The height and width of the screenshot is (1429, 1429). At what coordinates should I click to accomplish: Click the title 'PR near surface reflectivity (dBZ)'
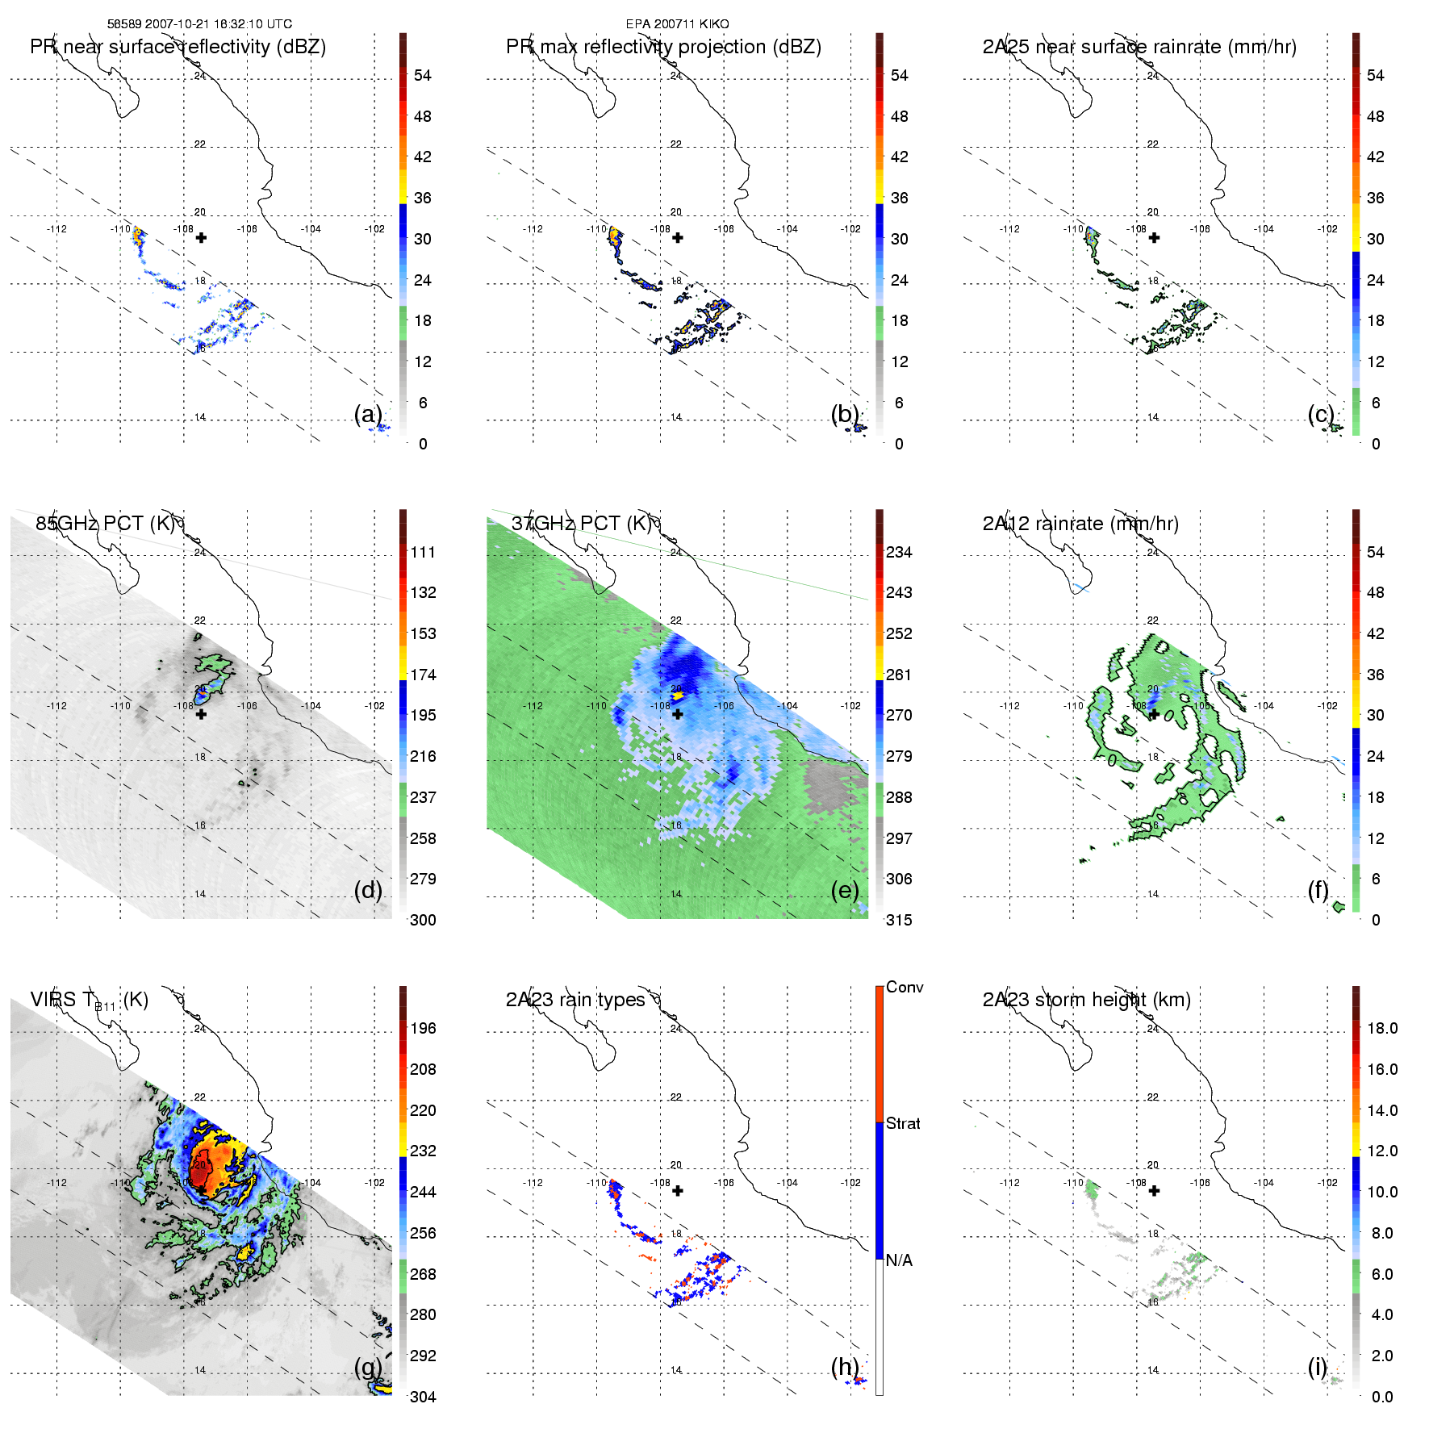tap(178, 47)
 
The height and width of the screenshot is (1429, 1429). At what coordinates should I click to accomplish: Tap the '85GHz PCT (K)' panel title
tap(105, 524)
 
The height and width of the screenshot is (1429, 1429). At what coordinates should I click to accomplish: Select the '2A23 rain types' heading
tap(575, 1000)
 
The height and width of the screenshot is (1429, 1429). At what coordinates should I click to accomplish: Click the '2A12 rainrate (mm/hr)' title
tap(1080, 524)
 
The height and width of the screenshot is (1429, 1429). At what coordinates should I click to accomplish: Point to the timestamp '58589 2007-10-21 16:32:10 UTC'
tap(199, 24)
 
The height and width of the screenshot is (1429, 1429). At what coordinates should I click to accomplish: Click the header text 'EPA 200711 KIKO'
tap(677, 24)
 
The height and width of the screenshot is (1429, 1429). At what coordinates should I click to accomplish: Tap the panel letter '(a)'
tap(368, 414)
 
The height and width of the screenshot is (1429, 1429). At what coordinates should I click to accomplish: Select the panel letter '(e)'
tap(845, 890)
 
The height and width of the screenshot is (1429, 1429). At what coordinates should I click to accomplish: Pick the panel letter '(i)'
tap(1317, 1367)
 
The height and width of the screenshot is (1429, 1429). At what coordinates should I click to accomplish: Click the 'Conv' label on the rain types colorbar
tap(905, 987)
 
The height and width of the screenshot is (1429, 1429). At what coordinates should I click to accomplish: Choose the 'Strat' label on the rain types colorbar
tap(903, 1123)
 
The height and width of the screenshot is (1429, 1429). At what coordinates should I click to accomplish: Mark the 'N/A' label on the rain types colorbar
tap(899, 1260)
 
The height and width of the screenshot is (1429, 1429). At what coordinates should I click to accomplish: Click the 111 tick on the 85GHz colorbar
tap(423, 552)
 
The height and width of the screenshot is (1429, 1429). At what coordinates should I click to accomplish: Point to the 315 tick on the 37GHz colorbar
tap(899, 920)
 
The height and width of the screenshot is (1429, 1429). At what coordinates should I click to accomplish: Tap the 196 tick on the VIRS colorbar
tap(423, 1028)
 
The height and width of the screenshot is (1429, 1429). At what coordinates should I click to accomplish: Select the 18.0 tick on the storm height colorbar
tap(1381, 1028)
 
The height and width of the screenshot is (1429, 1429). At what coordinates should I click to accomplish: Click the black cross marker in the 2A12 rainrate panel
tap(1154, 714)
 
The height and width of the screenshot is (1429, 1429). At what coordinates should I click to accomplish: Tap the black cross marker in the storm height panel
tap(1154, 1190)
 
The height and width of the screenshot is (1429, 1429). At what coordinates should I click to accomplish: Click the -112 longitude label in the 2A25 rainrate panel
tap(1009, 229)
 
